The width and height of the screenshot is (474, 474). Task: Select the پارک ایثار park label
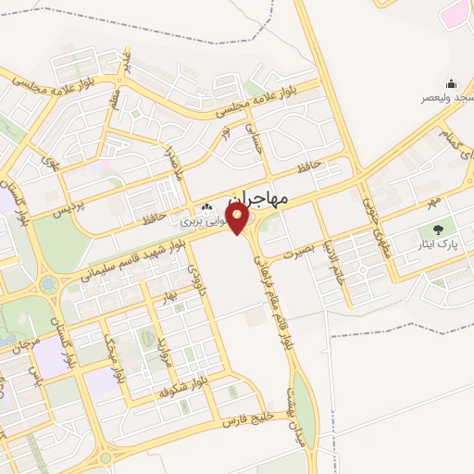[435, 246]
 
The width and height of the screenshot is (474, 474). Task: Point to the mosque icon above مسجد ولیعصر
[451, 83]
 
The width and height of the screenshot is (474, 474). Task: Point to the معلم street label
[114, 94]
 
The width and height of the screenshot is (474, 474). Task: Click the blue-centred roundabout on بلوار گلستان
[49, 284]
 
